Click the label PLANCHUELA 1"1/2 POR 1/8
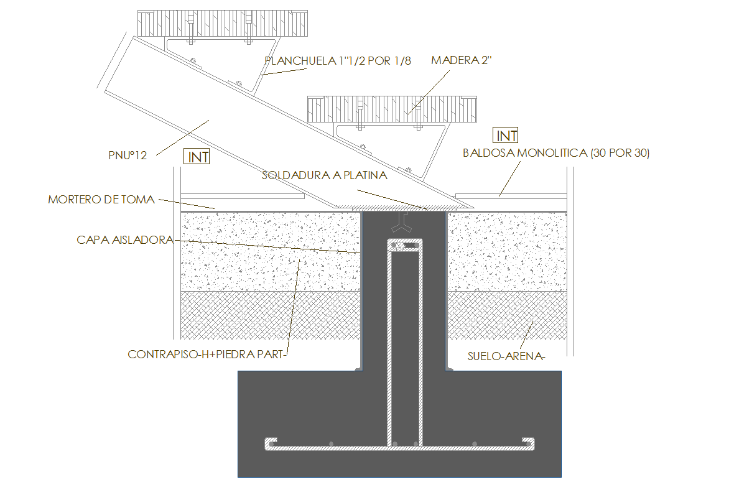tap(338, 61)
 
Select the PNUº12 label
tap(127, 155)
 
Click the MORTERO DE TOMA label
tap(101, 200)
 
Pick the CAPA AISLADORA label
tap(124, 239)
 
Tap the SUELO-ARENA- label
tap(506, 356)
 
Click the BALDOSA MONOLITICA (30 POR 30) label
tap(556, 154)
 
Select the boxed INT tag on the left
tap(198, 157)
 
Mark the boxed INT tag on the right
tap(506, 136)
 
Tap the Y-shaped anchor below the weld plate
tap(404, 221)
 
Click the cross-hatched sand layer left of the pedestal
tap(270, 315)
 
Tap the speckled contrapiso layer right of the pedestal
tap(506, 251)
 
